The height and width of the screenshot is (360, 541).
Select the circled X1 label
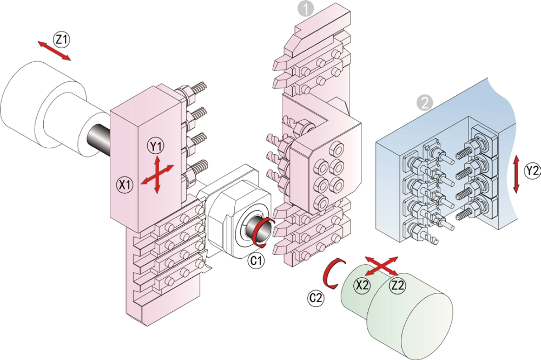125,184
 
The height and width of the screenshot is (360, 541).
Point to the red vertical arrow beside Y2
517,174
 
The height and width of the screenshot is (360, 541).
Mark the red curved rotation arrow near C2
331,273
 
